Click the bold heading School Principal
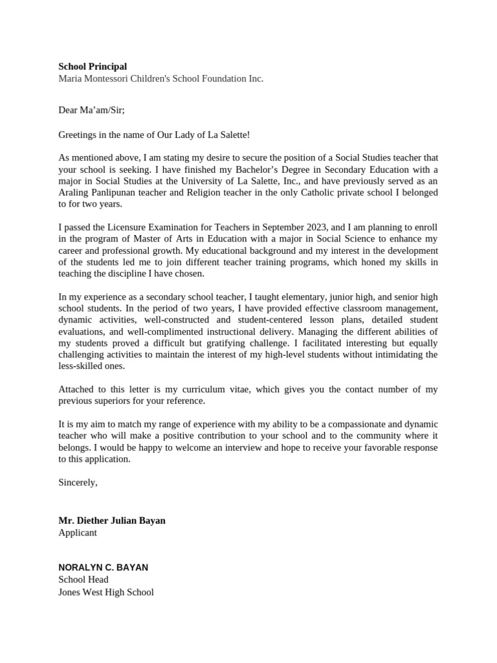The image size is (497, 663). coord(93,66)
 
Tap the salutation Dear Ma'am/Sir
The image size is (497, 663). coord(91,110)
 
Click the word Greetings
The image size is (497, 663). coord(78,135)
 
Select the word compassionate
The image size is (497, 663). coord(348,424)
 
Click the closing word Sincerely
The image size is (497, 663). coord(78,482)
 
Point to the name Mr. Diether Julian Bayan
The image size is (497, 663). coord(112,521)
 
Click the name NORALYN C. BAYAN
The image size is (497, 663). coord(103,567)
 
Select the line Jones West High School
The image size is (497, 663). coord(106,592)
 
